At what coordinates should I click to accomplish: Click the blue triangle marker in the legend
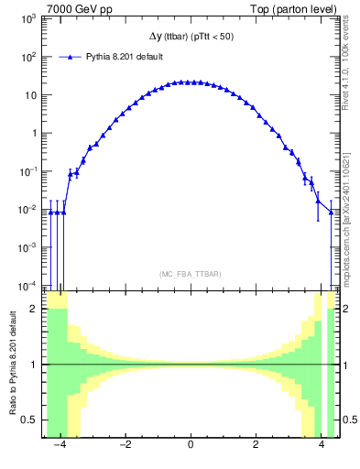(71, 57)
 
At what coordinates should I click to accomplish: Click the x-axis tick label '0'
(190, 446)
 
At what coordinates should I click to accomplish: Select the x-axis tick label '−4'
(60, 446)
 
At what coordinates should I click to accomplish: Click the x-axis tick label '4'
(321, 446)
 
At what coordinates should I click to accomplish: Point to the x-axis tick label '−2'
(125, 446)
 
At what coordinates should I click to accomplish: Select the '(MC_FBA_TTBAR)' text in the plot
(190, 274)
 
